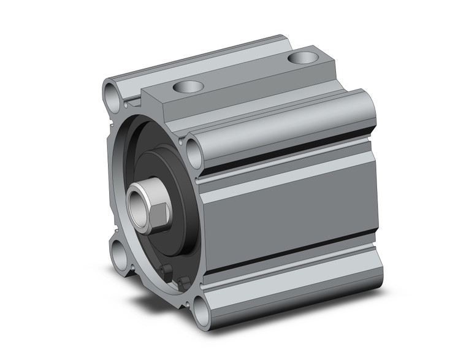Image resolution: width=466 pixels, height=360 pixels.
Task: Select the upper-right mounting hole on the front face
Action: tap(195, 152)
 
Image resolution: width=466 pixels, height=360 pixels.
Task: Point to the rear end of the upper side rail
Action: tap(368, 110)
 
